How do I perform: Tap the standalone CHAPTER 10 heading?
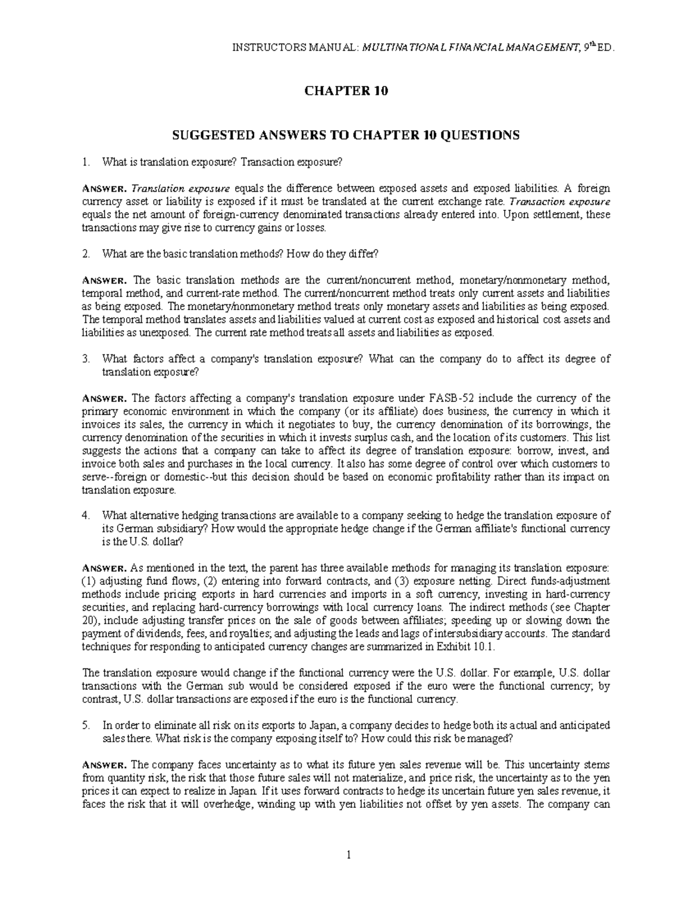(347, 91)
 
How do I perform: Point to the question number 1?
(86, 163)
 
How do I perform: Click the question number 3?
(86, 359)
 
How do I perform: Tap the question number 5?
(86, 725)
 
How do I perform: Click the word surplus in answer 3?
(338, 437)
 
